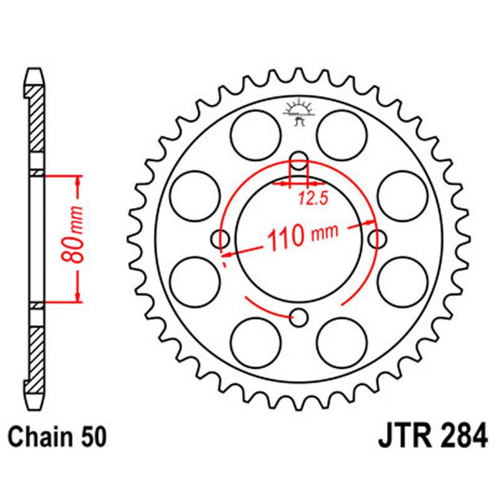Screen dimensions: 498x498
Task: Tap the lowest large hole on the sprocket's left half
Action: [255, 342]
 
